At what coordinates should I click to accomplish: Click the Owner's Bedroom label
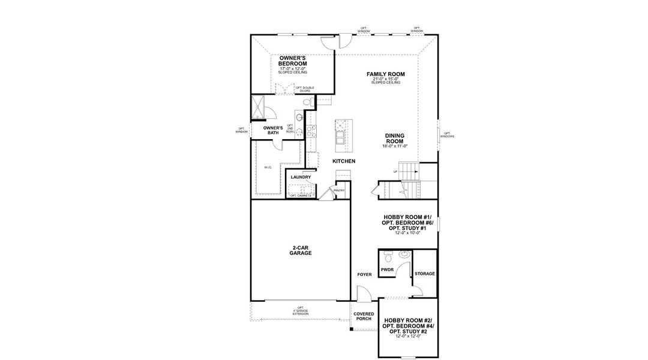(x=293, y=61)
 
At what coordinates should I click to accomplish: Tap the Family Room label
(x=386, y=74)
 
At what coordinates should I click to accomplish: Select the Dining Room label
(x=395, y=139)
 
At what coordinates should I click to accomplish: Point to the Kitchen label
(x=344, y=161)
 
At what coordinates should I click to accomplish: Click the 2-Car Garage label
(x=301, y=250)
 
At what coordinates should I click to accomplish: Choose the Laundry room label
(x=300, y=177)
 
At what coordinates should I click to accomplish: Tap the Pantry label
(x=339, y=191)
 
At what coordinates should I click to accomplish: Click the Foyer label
(x=364, y=275)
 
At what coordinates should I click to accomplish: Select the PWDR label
(x=387, y=270)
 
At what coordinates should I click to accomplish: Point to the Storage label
(x=425, y=274)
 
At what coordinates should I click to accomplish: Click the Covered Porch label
(x=364, y=316)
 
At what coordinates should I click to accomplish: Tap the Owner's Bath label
(x=273, y=130)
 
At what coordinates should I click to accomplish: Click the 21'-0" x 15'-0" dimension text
(x=386, y=79)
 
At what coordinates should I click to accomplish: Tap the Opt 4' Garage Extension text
(x=300, y=311)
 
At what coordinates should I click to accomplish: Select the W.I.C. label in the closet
(x=267, y=167)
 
